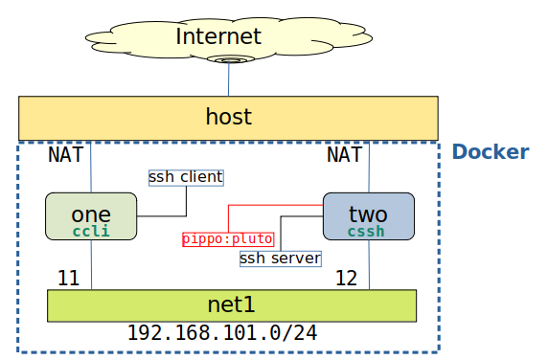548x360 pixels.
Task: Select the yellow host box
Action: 228,118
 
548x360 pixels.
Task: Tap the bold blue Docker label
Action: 490,152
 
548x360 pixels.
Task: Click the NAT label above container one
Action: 66,154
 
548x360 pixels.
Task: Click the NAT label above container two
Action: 344,154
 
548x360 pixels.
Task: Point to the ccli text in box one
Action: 91,231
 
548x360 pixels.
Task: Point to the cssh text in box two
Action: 366,231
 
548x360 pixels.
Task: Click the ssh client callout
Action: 186,177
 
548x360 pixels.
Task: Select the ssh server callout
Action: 280,259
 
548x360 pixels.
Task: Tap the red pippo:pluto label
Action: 228,238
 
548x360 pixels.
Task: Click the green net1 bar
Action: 232,305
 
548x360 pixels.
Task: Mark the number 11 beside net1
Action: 68,279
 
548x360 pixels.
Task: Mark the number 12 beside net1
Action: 347,279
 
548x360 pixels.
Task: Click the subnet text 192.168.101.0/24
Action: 222,334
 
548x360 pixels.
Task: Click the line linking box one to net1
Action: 91,264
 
